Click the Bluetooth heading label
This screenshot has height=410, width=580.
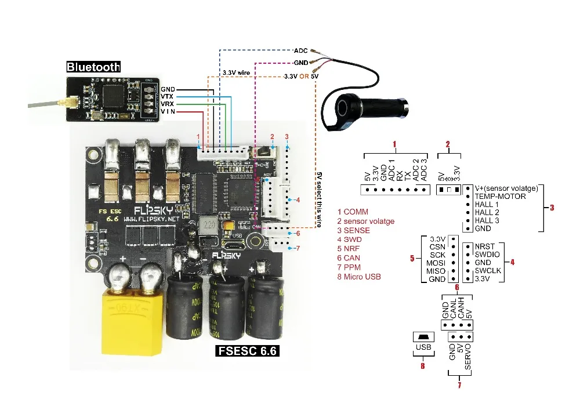93,67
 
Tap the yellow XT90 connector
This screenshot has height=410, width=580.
132,325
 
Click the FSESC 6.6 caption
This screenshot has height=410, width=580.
247,351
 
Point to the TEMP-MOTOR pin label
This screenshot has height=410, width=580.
500,197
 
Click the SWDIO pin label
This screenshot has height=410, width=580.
488,254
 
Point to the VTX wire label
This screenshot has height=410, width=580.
167,96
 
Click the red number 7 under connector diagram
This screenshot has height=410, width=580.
459,384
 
